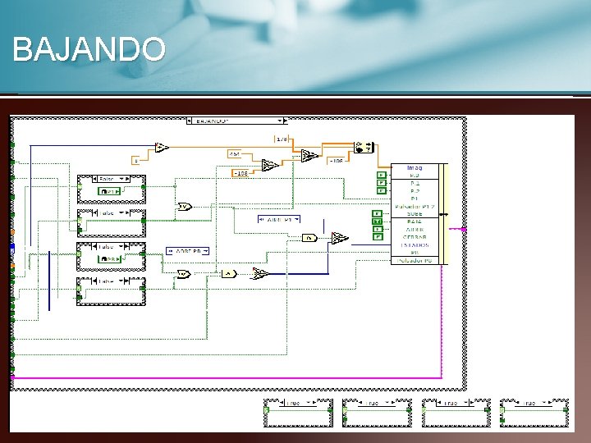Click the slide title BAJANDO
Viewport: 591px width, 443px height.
(89, 50)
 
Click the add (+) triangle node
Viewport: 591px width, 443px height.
(162, 148)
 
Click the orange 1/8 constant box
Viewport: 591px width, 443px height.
(282, 139)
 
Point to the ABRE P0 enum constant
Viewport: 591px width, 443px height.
(188, 250)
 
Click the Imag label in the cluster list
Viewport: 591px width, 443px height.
(415, 167)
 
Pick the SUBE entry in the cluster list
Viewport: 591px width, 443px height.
(415, 213)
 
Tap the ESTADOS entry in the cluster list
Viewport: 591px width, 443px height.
(415, 244)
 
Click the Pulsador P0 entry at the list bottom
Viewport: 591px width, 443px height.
(415, 260)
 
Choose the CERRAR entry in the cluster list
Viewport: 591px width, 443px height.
(415, 236)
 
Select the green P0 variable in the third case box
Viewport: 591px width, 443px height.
(112, 258)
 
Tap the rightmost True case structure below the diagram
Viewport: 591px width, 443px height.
(534, 413)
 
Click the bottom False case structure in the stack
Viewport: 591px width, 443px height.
(111, 291)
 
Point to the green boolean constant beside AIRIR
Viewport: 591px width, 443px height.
(378, 229)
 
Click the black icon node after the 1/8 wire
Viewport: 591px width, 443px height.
(364, 148)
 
